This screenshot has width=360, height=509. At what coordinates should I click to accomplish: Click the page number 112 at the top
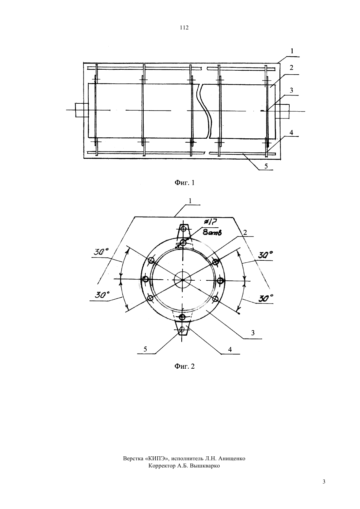point(184,28)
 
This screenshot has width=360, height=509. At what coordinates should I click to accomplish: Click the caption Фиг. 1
point(184,183)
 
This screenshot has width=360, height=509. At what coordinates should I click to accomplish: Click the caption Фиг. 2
point(184,366)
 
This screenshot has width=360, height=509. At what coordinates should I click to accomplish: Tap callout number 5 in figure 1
point(266,166)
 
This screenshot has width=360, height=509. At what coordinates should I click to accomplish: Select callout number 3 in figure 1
point(291,90)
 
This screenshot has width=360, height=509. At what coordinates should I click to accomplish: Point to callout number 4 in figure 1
point(291,132)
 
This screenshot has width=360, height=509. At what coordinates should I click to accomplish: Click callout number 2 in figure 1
point(291,68)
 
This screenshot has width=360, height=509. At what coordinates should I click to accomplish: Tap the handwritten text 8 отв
point(212,233)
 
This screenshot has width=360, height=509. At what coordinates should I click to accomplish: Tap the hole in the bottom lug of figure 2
point(182,329)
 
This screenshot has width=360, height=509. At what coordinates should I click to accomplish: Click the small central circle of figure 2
point(183,280)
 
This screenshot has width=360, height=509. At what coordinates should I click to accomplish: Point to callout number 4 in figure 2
point(230,349)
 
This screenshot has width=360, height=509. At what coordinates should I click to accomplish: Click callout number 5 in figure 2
point(145,349)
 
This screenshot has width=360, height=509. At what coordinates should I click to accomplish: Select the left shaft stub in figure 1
point(82,110)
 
